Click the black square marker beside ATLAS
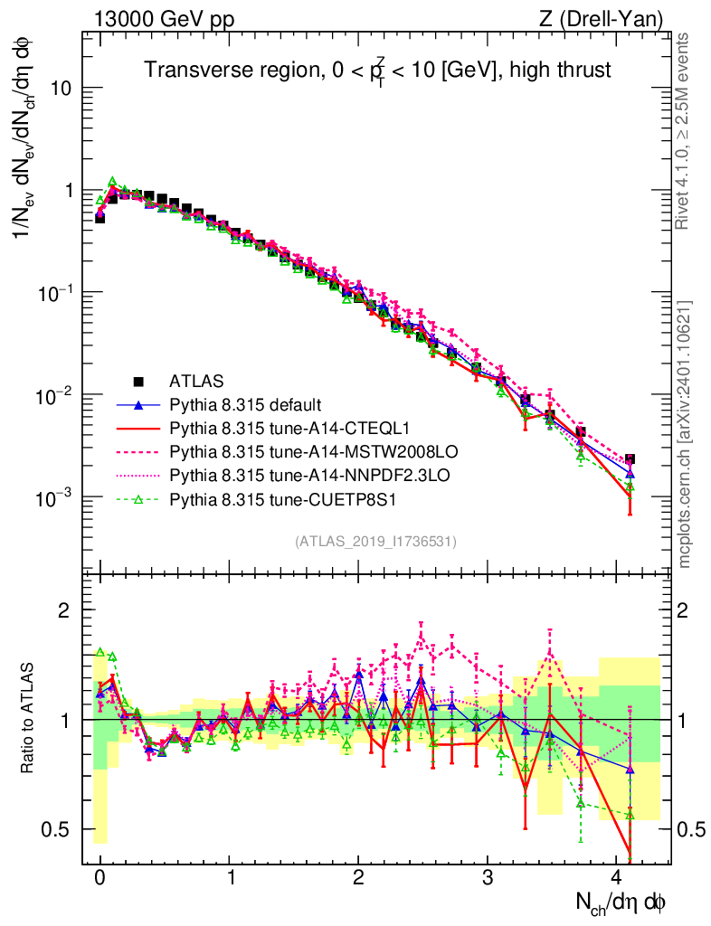[138, 381]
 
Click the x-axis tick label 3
[488, 878]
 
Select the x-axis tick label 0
[100, 878]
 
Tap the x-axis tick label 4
[617, 878]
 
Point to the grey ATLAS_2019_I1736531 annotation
[375, 542]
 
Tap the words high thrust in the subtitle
[567, 69]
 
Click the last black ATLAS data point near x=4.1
[630, 459]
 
